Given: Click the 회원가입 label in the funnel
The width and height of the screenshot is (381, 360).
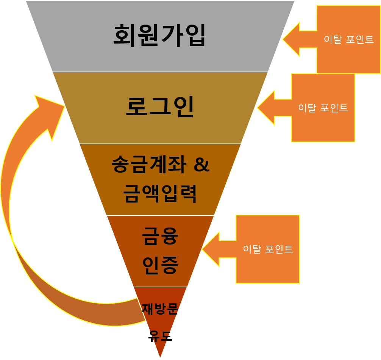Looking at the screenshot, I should (159, 35).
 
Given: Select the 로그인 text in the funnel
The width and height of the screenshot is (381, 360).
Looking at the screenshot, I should (159, 107).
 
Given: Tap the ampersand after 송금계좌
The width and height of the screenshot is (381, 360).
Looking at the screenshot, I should (201, 165).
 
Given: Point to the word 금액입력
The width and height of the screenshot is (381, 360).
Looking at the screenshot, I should (160, 193).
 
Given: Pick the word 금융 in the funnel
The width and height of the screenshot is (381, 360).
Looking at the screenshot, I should (160, 236).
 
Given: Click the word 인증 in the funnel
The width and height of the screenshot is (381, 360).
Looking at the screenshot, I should (160, 265).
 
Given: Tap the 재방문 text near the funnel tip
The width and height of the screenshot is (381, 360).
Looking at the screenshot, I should (160, 309).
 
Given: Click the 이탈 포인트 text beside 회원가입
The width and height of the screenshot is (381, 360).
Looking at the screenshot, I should (349, 39).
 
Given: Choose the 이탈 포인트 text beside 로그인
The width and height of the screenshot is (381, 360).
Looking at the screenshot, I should (323, 108).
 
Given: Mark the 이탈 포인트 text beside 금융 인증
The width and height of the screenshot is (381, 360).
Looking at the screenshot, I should (268, 249).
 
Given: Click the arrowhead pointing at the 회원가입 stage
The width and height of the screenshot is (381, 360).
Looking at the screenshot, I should (291, 39).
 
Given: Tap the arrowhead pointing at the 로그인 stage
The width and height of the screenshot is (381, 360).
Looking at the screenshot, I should (265, 108).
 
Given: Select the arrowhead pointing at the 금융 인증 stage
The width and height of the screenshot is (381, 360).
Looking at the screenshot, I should (211, 249).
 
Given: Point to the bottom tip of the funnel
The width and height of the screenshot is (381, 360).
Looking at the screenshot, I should (160, 357).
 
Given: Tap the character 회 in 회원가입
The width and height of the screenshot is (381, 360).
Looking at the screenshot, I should (125, 35).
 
